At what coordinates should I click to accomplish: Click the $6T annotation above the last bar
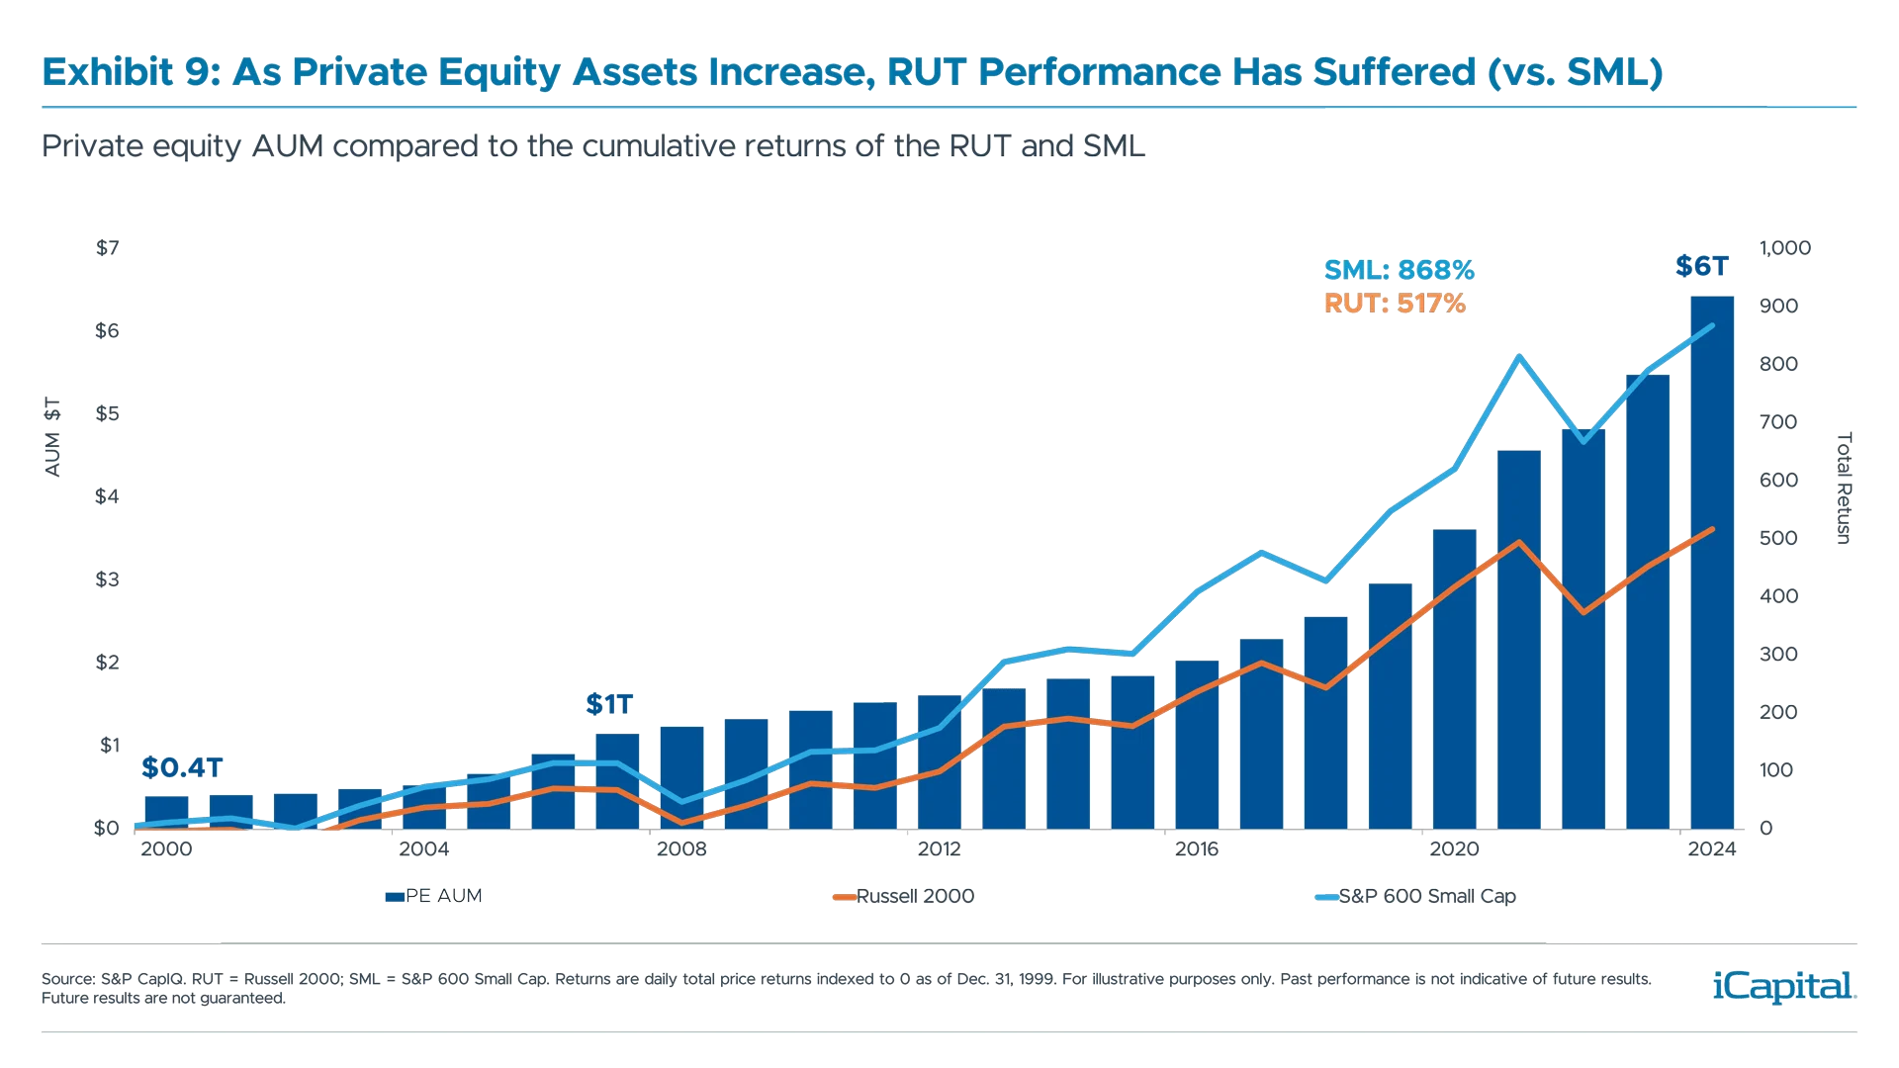[1702, 266]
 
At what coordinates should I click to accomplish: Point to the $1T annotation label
[608, 704]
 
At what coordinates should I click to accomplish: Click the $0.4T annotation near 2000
[182, 767]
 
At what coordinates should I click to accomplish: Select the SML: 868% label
[1399, 270]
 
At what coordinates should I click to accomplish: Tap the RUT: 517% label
[1395, 304]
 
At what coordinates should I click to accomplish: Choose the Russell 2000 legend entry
[904, 896]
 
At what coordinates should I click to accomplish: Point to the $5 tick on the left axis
[107, 413]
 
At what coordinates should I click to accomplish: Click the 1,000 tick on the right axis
[1784, 248]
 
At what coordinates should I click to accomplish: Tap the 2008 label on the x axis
[681, 849]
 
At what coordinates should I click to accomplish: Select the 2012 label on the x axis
[939, 849]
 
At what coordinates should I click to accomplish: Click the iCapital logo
[1780, 986]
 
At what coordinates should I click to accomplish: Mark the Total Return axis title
[1843, 488]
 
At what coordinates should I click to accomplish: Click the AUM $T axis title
[52, 438]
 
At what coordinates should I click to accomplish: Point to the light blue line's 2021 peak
[1520, 356]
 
